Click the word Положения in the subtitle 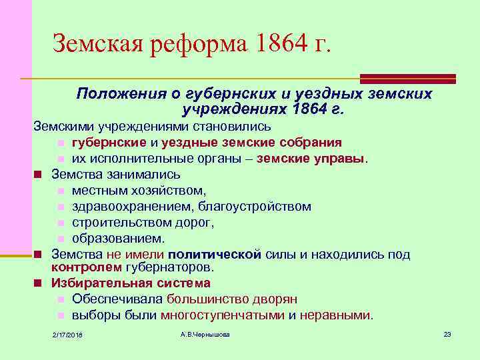pyautogui.click(x=115, y=93)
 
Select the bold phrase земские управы pyautogui.click(x=321, y=159)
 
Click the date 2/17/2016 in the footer pyautogui.click(x=72, y=334)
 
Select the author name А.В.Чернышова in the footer pyautogui.click(x=205, y=333)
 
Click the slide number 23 pyautogui.click(x=447, y=333)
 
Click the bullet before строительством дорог pyautogui.click(x=60, y=223)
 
